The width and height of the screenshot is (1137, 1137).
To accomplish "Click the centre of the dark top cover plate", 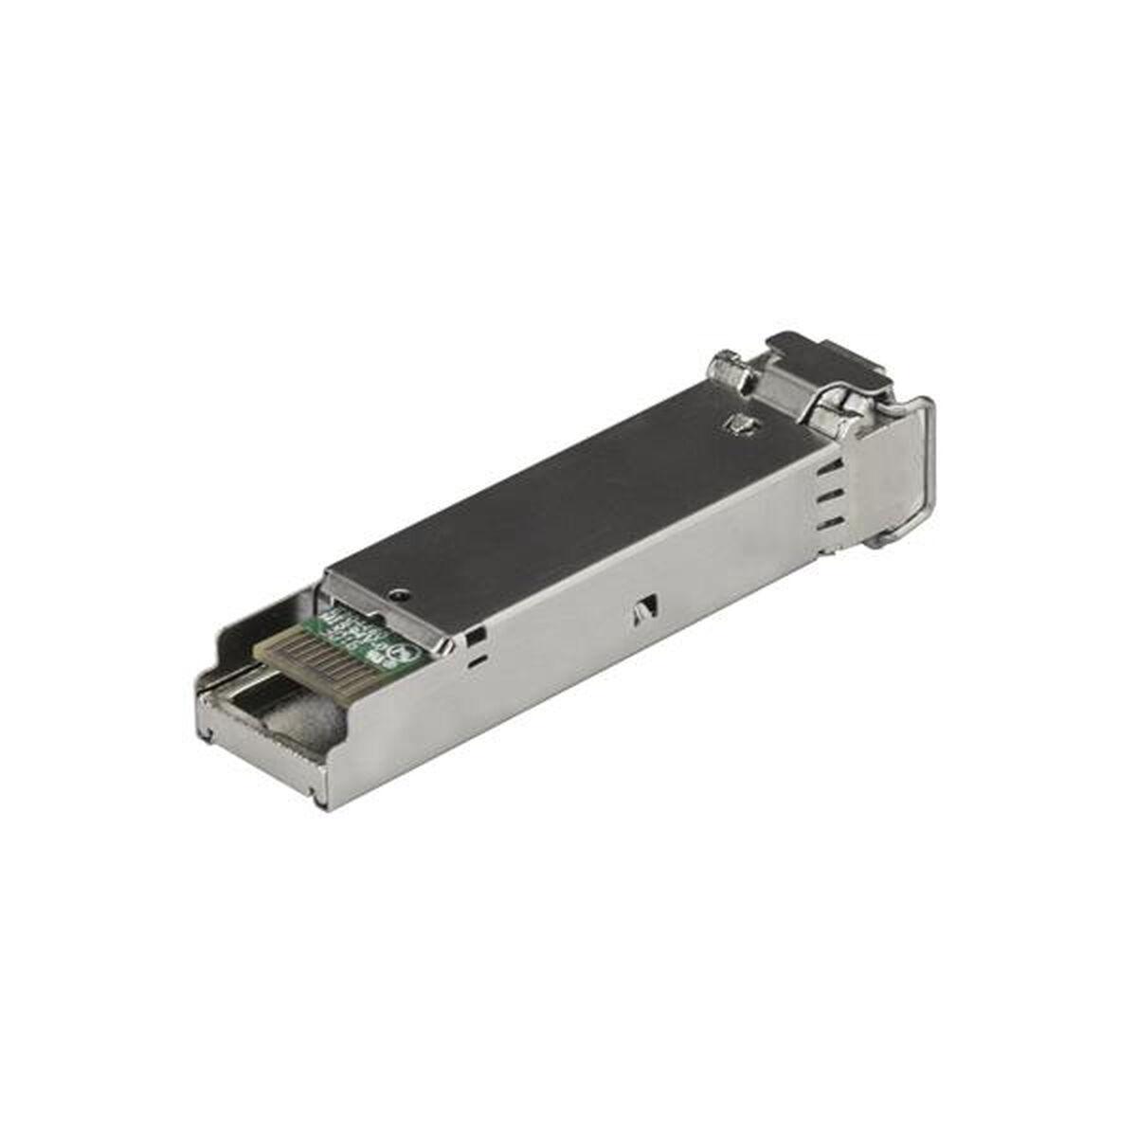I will (568, 493).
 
